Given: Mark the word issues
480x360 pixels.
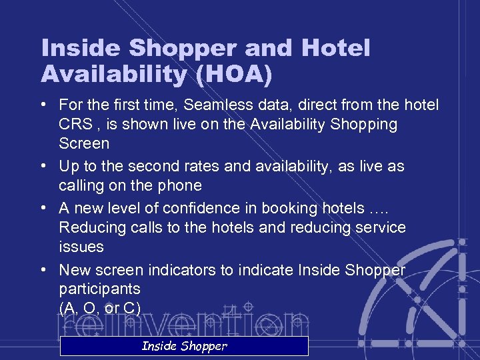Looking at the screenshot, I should [x=81, y=247].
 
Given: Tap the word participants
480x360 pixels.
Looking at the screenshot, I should [x=99, y=289].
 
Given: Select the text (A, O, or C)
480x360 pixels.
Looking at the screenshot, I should [x=100, y=309].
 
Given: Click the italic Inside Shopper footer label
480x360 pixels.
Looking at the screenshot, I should [x=184, y=346].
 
